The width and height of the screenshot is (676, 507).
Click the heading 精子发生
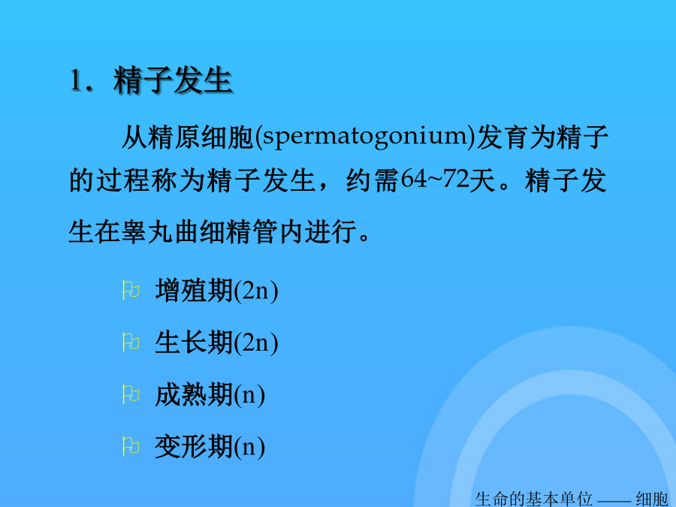pyautogui.click(x=174, y=80)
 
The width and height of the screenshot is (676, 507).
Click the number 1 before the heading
pyautogui.click(x=76, y=80)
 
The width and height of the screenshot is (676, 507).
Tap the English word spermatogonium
pyautogui.click(x=365, y=137)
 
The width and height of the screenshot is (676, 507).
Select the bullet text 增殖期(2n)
pyautogui.click(x=216, y=291)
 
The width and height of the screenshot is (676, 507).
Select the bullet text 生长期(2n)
pyautogui.click(x=216, y=343)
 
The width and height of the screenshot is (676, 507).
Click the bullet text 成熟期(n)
pyautogui.click(x=210, y=394)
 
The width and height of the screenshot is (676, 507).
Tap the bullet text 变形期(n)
pyautogui.click(x=210, y=447)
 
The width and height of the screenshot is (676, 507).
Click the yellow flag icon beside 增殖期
pyautogui.click(x=131, y=290)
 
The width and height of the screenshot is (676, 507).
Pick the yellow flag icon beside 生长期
pyautogui.click(x=131, y=343)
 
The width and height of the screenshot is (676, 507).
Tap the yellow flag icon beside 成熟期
pyautogui.click(x=131, y=394)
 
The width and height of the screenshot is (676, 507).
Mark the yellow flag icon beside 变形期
pyautogui.click(x=131, y=446)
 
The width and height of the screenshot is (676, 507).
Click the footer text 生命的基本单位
pyautogui.click(x=534, y=499)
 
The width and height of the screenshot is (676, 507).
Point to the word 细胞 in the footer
pyautogui.click(x=652, y=499)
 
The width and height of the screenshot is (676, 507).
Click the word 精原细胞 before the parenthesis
pyautogui.click(x=201, y=137)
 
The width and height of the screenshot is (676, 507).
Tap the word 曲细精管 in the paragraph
pyautogui.click(x=227, y=231)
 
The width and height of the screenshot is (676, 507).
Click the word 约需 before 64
pyautogui.click(x=372, y=180)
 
